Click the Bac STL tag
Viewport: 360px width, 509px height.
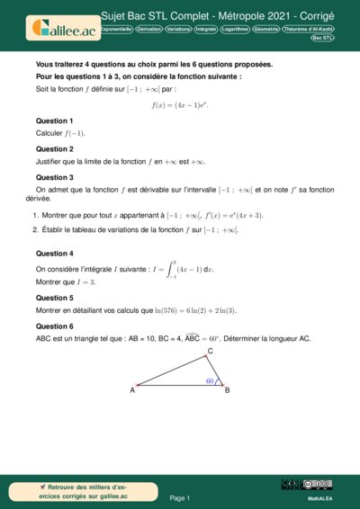point(322,39)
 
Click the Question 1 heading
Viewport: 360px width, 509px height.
point(54,121)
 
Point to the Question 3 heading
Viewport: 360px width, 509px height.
point(54,177)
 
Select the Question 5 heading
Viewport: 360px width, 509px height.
point(54,297)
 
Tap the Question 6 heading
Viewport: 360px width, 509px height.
point(54,326)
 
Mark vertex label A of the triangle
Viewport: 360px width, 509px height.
point(132,389)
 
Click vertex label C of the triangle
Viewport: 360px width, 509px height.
point(210,351)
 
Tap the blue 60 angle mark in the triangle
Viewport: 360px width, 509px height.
point(210,380)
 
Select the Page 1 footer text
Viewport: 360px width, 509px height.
point(180,497)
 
